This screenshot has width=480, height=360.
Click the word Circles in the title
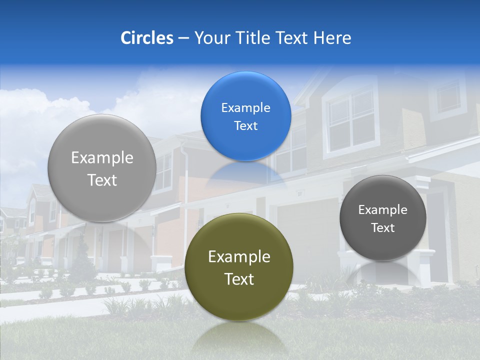[x=146, y=38]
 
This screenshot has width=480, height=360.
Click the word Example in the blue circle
[x=245, y=108]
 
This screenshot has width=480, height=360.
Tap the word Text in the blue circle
[x=245, y=126]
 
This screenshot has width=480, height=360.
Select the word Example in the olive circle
[x=239, y=257]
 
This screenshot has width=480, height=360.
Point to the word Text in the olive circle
[x=239, y=279]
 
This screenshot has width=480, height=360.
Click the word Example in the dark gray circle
[x=383, y=210]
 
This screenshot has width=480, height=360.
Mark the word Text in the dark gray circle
[x=383, y=228]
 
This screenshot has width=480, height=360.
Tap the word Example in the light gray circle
[x=102, y=158]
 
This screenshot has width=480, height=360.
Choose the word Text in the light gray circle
[x=102, y=180]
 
